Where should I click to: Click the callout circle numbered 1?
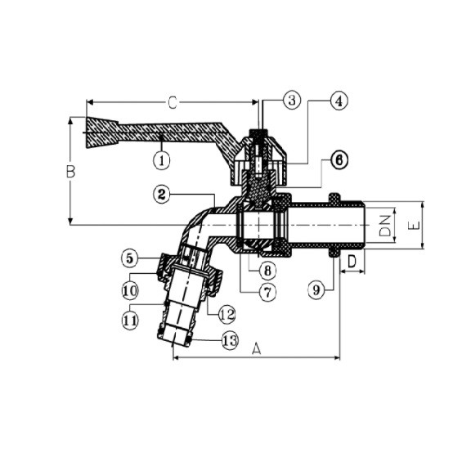[x=162, y=161]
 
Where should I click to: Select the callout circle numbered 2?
[x=162, y=195]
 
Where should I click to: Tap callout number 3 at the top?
[x=292, y=101]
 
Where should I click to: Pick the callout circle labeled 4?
[x=339, y=101]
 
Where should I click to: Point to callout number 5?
[x=130, y=258]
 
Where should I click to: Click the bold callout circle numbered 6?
[x=339, y=160]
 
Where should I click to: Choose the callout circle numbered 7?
[x=267, y=292]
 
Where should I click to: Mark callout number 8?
[x=267, y=271]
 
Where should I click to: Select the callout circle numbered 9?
[x=316, y=290]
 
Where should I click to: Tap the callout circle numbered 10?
[x=130, y=290]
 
